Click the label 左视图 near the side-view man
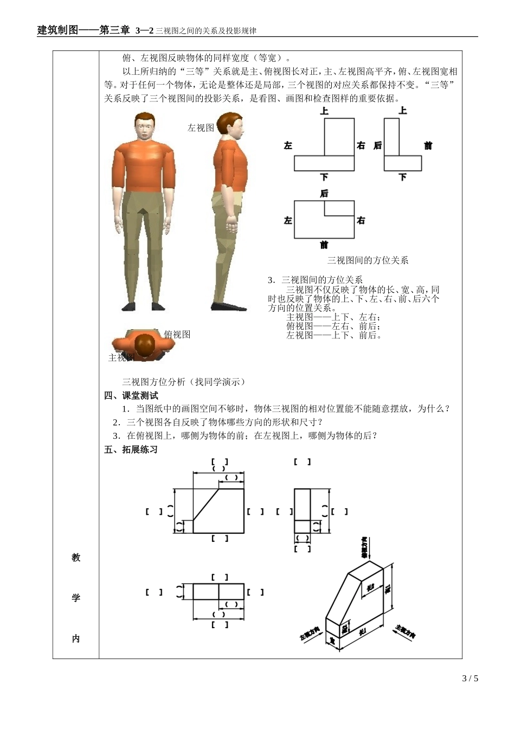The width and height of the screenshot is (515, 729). point(201,128)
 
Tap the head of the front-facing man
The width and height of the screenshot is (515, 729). point(144,126)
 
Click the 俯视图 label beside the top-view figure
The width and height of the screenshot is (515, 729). point(177,335)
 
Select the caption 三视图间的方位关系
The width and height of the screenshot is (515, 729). point(368,260)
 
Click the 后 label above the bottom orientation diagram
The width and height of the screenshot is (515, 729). point(324,194)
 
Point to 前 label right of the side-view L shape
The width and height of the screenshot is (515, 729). point(428,145)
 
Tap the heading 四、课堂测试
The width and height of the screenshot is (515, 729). point(131,395)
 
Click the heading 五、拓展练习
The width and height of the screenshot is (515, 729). point(131,450)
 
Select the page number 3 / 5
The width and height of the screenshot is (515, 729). point(470,679)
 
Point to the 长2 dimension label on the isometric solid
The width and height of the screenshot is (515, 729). point(371,588)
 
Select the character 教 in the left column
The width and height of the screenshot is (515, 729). point(76,558)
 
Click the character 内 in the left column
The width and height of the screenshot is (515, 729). point(76,639)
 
